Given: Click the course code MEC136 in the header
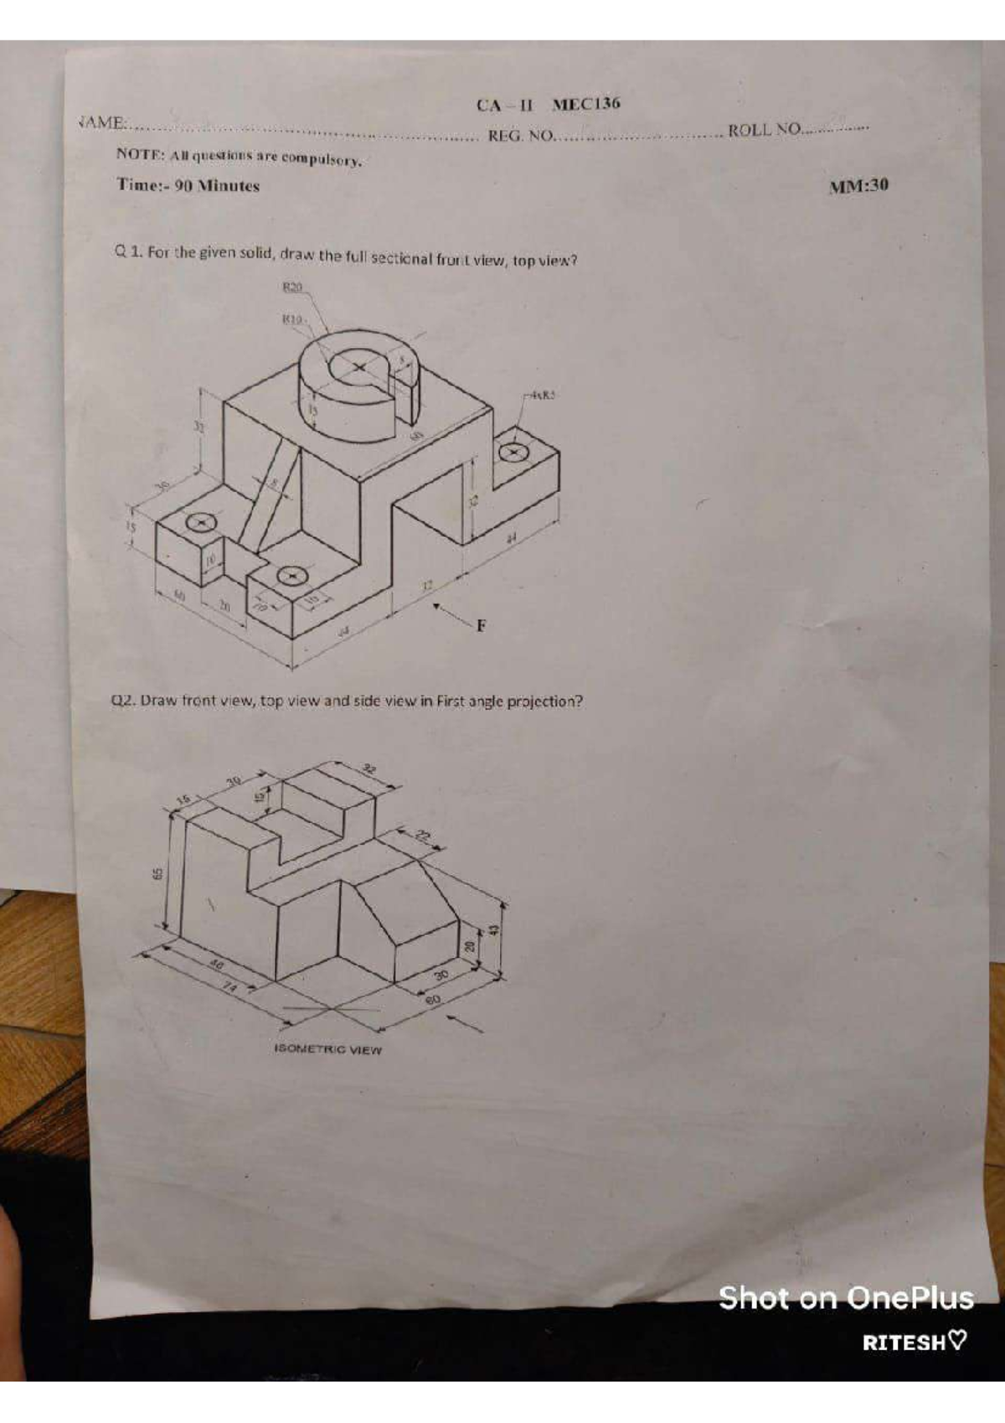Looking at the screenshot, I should [586, 104].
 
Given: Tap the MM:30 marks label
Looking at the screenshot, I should [858, 186].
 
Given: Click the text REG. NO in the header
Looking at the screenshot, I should [520, 136].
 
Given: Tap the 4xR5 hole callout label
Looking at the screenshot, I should [543, 395].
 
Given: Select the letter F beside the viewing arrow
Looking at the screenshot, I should [481, 625].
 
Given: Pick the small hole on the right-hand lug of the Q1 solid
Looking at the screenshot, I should [511, 453].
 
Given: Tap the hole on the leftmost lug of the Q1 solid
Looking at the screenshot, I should [200, 523].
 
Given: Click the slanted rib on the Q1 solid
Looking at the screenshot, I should [269, 494].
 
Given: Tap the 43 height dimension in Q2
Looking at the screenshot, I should [494, 929].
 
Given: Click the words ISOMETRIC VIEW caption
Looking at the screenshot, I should [327, 1049].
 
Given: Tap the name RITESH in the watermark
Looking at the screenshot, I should [904, 1342].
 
